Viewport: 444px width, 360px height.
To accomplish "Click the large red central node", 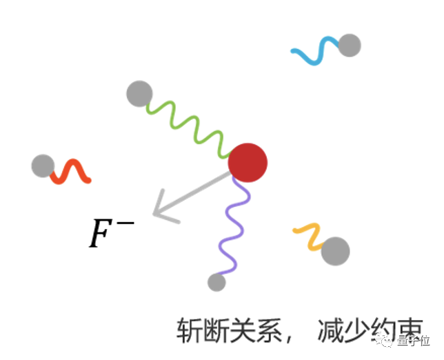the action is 248,163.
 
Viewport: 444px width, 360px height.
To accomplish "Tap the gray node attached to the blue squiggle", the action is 350,46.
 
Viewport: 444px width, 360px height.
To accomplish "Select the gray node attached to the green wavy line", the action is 139,94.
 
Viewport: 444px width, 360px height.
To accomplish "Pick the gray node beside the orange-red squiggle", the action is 43,166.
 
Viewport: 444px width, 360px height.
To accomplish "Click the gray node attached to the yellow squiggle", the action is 336,251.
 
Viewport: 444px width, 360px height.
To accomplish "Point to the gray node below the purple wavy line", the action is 216,282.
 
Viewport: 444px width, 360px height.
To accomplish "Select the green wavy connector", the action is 188,128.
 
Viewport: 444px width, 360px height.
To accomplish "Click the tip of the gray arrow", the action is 153,214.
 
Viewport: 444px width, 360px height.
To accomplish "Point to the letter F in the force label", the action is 100,234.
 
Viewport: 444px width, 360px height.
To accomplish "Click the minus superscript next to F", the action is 125,223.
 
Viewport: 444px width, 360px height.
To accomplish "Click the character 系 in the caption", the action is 268,330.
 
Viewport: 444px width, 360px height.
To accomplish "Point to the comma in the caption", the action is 289,339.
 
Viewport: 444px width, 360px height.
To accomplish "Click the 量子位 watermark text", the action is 414,341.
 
